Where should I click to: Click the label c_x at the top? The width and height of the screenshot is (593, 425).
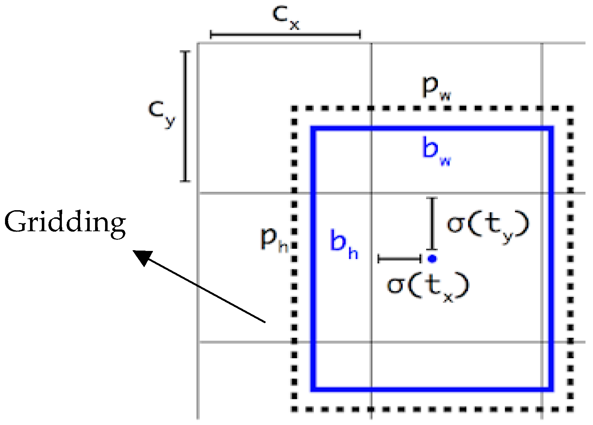(285, 17)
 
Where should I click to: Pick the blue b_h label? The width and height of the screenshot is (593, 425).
(344, 244)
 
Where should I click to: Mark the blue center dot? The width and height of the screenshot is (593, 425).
(432, 258)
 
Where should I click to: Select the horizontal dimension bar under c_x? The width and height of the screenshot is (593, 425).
(285, 35)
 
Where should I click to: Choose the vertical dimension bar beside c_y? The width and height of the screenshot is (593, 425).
(185, 116)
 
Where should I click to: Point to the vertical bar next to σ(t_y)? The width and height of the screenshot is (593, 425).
(433, 223)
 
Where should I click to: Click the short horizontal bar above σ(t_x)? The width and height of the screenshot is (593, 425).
(400, 258)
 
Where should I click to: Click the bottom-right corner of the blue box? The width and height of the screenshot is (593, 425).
(551, 389)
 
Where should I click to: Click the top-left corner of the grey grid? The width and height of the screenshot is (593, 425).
(198, 43)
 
